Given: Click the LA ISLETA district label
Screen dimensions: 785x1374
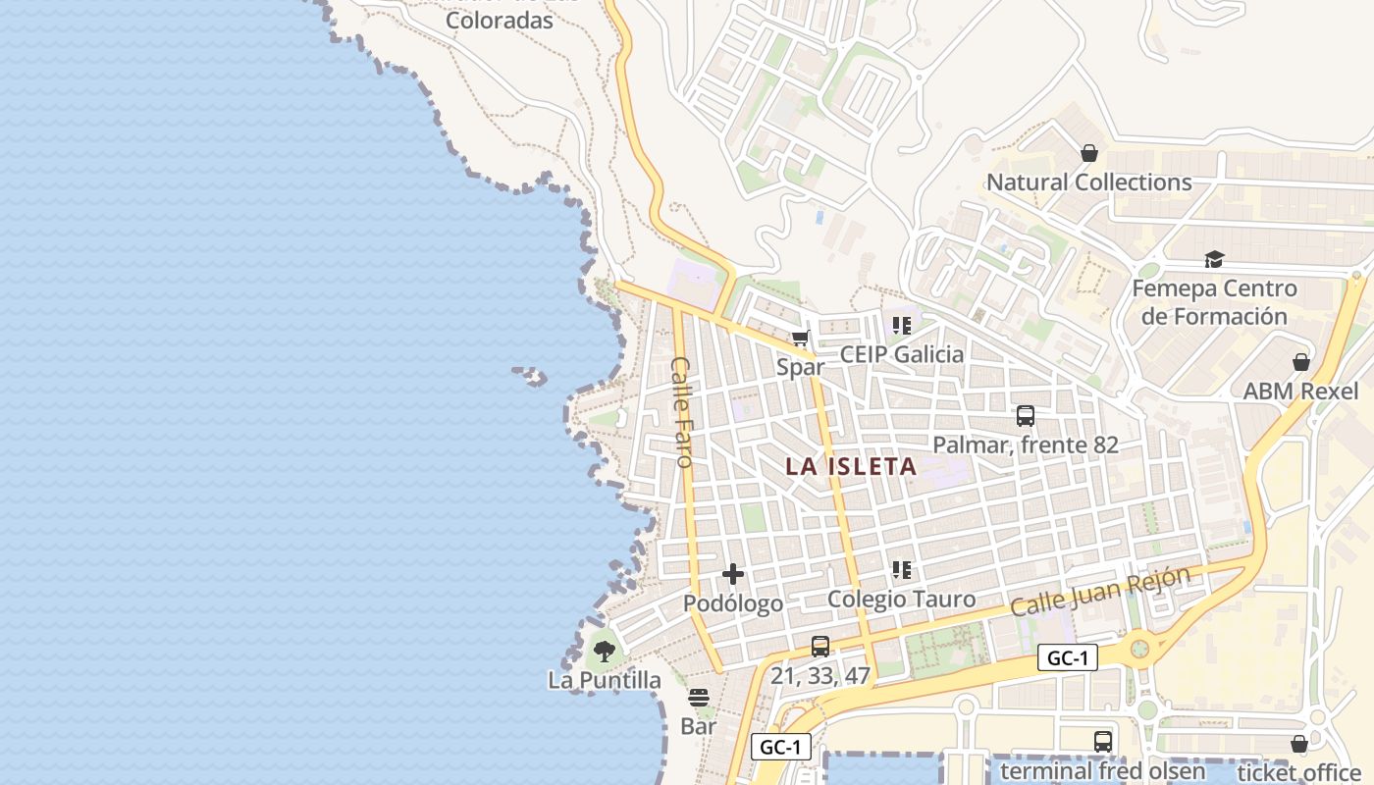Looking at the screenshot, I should point(851,466).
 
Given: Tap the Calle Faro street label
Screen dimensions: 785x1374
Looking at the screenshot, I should point(681,411).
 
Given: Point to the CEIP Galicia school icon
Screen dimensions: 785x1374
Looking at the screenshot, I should point(902,326).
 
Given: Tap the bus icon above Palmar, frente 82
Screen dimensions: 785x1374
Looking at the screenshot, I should point(1026,416).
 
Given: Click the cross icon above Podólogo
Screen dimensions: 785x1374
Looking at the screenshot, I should point(733,575).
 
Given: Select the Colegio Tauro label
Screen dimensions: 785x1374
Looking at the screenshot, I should point(901,599).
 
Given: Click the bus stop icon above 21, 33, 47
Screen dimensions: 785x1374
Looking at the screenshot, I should point(820,647).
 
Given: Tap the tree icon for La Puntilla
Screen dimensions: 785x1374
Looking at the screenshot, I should point(604,650).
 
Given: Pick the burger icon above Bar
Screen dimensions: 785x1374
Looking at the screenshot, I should point(699,698).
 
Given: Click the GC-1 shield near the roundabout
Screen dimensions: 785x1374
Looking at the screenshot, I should point(1067,657).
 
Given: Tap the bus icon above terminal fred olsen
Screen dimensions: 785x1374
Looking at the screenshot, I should point(1103,742).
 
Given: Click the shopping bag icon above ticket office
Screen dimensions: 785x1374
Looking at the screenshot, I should point(1299,744).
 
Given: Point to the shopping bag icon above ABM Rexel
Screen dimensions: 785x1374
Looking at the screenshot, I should point(1301,362).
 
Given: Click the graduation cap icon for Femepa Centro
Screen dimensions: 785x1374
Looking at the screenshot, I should point(1214,260).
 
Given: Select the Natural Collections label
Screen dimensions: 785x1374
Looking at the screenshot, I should point(1088,183).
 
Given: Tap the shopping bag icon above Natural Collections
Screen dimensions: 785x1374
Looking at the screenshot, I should point(1088,153).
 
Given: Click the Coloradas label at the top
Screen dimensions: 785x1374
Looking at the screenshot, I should point(500,20).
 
